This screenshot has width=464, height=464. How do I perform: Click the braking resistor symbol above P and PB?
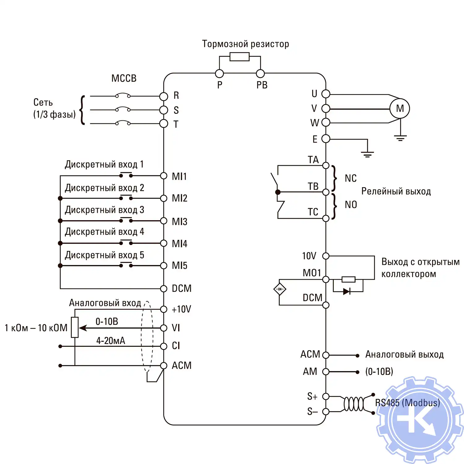pyautogui.click(x=239, y=57)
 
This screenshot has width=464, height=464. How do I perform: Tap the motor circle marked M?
pyautogui.click(x=400, y=109)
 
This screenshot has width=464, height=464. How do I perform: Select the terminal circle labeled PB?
pyautogui.click(x=260, y=74)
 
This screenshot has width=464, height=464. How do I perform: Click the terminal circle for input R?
pyautogui.click(x=164, y=96)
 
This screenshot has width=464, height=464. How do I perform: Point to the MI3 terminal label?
pyautogui.click(x=179, y=221)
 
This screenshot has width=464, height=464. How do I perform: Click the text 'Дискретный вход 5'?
pyautogui.click(x=104, y=255)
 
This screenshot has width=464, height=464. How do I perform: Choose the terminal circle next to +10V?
pyautogui.click(x=164, y=309)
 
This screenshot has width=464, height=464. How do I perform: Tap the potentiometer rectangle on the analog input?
pyautogui.click(x=75, y=327)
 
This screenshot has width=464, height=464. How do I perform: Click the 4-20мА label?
pyautogui.click(x=110, y=341)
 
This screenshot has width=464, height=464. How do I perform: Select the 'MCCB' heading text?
pyautogui.click(x=124, y=78)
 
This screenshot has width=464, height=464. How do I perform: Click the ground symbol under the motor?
pyautogui.click(x=400, y=138)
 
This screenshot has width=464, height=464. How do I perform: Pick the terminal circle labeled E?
pyautogui.click(x=326, y=139)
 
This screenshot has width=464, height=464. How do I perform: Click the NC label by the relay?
pyautogui.click(x=350, y=178)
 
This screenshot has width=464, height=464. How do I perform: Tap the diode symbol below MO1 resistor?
pyautogui.click(x=346, y=291)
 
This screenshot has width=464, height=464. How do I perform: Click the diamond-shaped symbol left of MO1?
pyautogui.click(x=280, y=289)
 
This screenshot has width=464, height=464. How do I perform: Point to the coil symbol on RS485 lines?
pyautogui.click(x=354, y=404)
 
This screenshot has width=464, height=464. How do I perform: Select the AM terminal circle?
pyautogui.click(x=326, y=372)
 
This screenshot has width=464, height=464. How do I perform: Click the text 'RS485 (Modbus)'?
pyautogui.click(x=407, y=403)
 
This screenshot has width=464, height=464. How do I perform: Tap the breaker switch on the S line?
pyautogui.click(x=123, y=109)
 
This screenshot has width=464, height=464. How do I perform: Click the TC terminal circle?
pyautogui.click(x=326, y=218)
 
